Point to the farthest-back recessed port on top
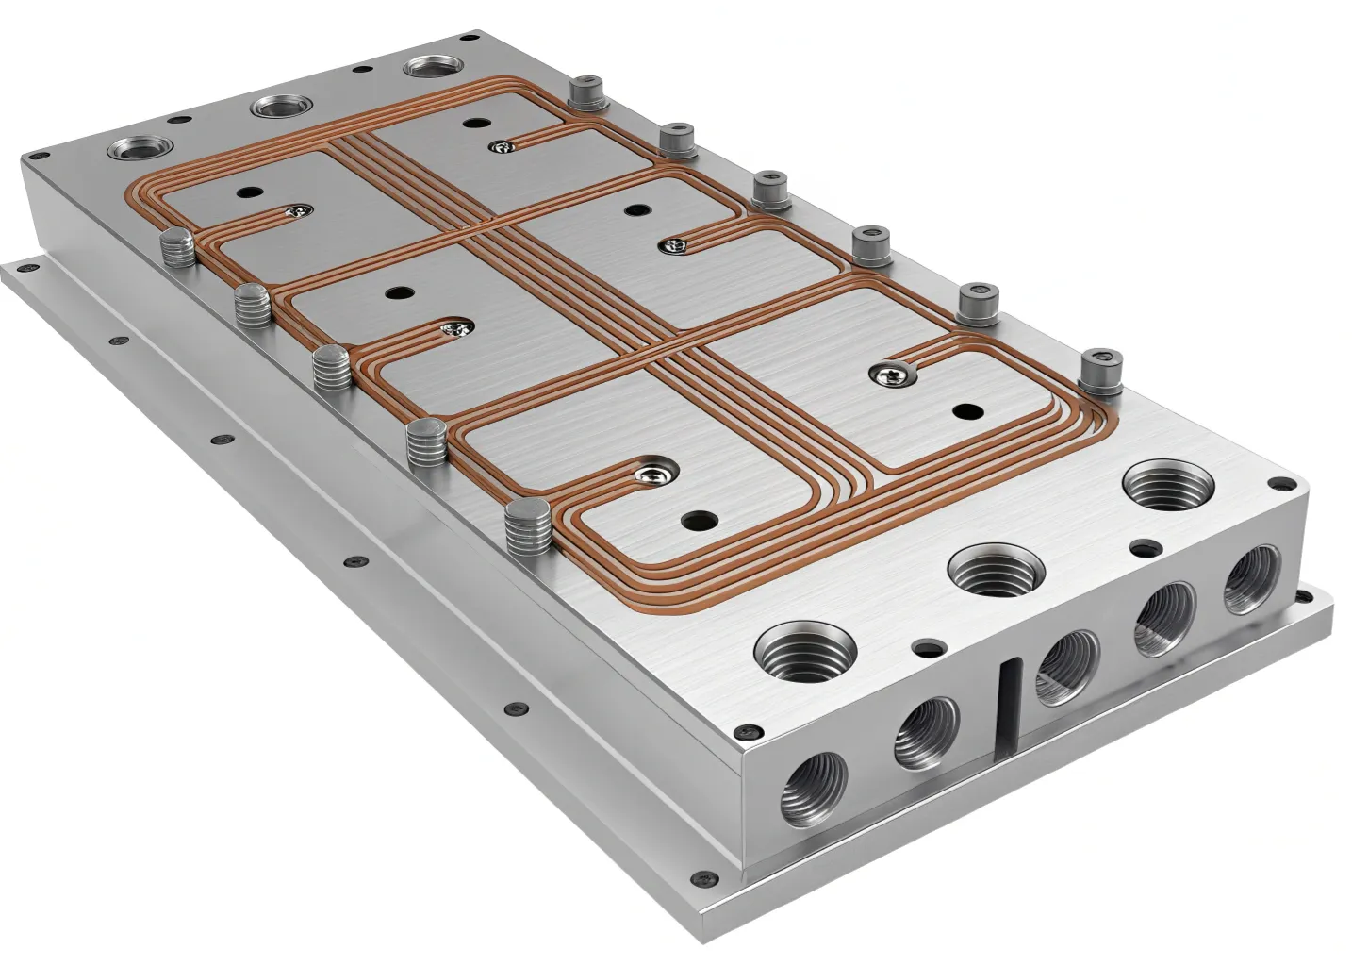435,70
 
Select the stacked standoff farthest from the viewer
176,248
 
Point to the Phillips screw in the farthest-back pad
500,145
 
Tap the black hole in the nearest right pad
965,411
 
